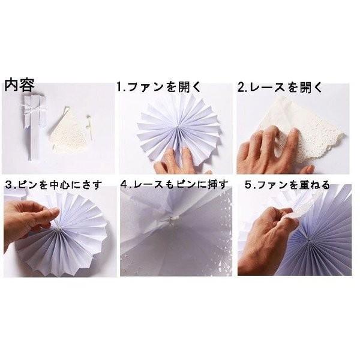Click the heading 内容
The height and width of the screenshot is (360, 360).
pyautogui.click(x=20, y=85)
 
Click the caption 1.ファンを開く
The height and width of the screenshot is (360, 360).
pyautogui.click(x=158, y=87)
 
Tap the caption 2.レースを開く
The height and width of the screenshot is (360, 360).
pyautogui.click(x=280, y=87)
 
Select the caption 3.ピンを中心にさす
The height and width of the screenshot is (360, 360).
pyautogui.click(x=53, y=185)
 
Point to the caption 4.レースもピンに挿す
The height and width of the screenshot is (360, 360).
pyautogui.click(x=174, y=185)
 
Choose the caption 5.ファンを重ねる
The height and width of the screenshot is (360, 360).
pyautogui.click(x=287, y=185)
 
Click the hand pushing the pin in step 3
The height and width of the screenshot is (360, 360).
pyautogui.click(x=30, y=220)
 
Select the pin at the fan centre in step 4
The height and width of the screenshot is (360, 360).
pyautogui.click(x=170, y=221)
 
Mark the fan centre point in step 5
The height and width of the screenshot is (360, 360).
pyautogui.click(x=309, y=241)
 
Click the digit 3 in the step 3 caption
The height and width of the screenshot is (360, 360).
pyautogui.click(x=8, y=185)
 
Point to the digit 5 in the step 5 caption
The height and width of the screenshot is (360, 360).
pyautogui.click(x=248, y=185)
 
